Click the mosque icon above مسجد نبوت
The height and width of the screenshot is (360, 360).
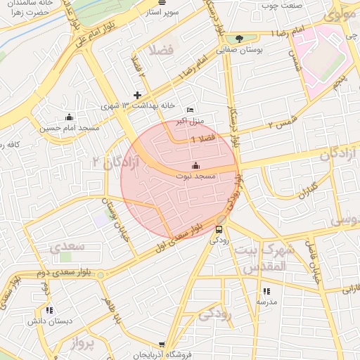[195, 166]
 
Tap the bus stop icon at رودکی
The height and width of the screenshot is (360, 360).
[219, 229]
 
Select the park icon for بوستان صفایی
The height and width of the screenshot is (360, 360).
[239, 39]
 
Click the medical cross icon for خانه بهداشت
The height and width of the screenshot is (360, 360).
[137, 95]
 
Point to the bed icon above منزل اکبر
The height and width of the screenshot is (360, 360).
[190, 110]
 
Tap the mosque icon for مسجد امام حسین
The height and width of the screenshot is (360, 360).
[69, 117]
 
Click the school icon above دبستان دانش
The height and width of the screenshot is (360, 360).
[49, 310]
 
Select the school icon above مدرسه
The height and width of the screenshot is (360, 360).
[266, 291]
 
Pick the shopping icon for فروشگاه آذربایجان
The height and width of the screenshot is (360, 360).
[162, 345]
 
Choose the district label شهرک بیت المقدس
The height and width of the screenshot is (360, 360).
[260, 258]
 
